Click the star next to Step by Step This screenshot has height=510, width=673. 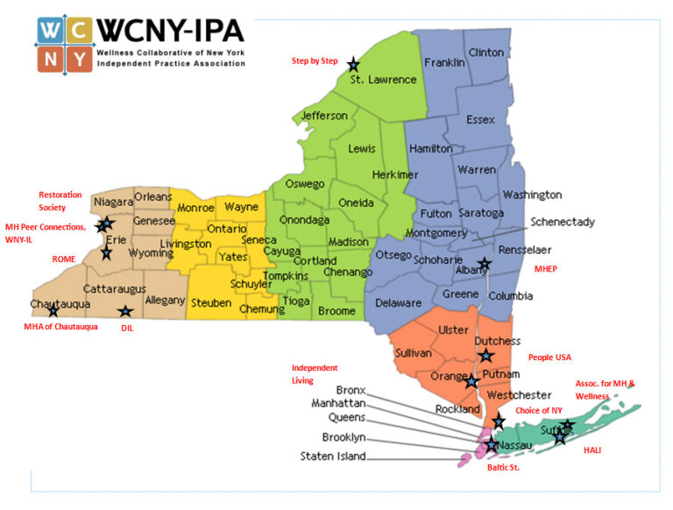(x=353, y=64)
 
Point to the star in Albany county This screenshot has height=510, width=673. (x=484, y=264)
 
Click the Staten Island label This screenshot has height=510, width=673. (x=333, y=456)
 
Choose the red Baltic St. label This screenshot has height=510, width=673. (x=504, y=468)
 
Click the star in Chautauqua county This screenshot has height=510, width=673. (x=53, y=310)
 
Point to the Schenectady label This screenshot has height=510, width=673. (x=563, y=222)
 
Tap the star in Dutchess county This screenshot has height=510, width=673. (x=486, y=355)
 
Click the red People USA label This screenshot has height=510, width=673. (x=549, y=358)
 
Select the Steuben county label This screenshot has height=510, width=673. (x=210, y=302)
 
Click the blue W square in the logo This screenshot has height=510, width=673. (x=51, y=31)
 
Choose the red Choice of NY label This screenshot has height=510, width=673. (x=539, y=410)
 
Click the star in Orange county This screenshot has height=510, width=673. (x=471, y=380)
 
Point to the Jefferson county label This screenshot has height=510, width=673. (x=324, y=116)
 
